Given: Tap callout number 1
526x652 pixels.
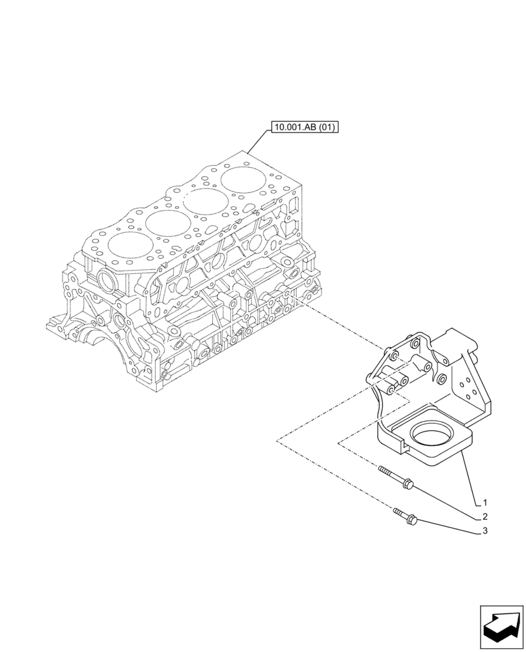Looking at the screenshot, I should pos(485,503).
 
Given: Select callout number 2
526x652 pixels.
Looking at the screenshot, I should pos(485,516).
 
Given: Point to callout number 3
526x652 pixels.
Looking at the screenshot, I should pos(485,531).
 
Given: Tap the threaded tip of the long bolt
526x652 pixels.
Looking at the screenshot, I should pos(380,469).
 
